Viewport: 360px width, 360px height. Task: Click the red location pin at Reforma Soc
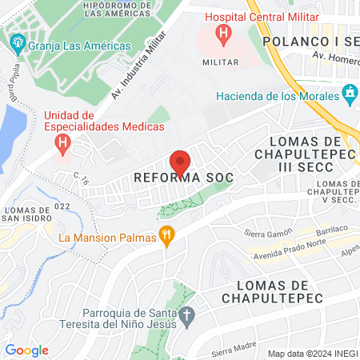click(x=180, y=162)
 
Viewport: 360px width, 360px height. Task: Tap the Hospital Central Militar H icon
click(x=224, y=34)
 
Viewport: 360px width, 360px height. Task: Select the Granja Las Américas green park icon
click(x=16, y=45)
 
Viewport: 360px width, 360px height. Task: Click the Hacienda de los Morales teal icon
click(x=349, y=95)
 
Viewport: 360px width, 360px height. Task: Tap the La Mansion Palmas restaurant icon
click(x=166, y=236)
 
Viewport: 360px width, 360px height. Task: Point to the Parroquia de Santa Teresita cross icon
click(x=186, y=314)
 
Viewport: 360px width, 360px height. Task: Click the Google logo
click(x=26, y=350)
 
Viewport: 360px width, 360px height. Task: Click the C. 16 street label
click(x=81, y=180)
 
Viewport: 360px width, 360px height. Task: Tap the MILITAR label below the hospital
click(x=220, y=62)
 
